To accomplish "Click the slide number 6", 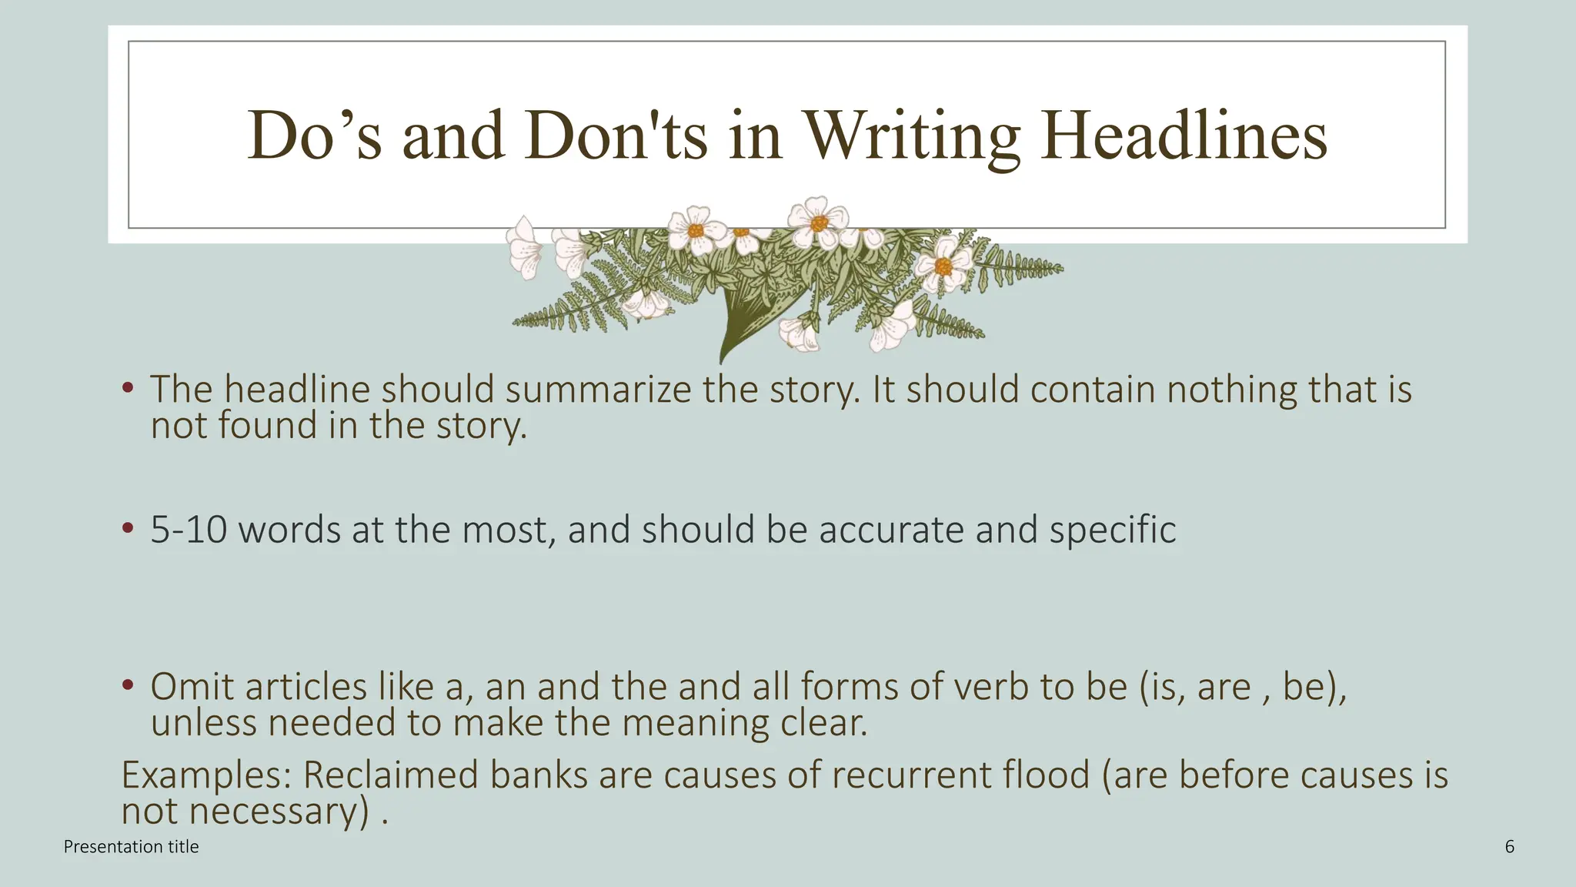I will pyautogui.click(x=1509, y=847).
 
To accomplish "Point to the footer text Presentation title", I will pyautogui.click(x=131, y=847).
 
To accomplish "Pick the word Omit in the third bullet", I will pyautogui.click(x=192, y=687).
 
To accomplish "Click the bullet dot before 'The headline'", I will pyautogui.click(x=128, y=387).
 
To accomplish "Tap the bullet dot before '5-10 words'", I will pyautogui.click(x=128, y=529).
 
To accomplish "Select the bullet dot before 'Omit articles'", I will pyautogui.click(x=128, y=684).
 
